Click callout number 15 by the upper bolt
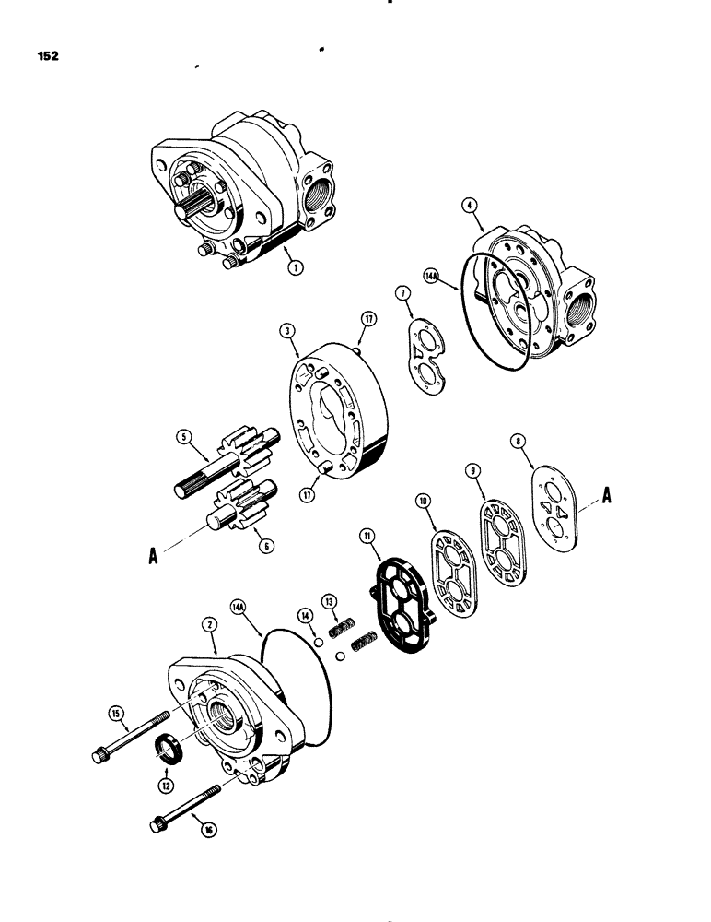click(x=116, y=712)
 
